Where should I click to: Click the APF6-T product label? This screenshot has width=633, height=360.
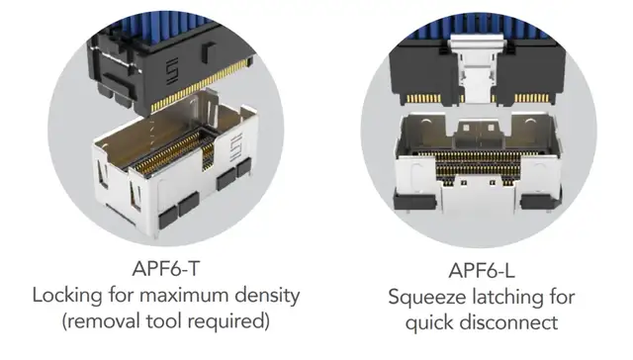click(x=166, y=268)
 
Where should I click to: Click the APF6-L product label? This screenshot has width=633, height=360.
click(x=482, y=270)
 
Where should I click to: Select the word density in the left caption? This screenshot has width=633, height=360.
click(x=267, y=295)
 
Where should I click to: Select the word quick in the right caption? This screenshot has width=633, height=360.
click(x=429, y=322)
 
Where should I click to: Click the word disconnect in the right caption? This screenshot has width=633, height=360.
click(x=508, y=322)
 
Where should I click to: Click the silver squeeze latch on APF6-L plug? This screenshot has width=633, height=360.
click(x=477, y=68)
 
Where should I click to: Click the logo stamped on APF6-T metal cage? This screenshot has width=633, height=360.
click(x=235, y=146)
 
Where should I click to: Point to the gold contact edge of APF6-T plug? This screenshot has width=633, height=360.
click(x=200, y=85)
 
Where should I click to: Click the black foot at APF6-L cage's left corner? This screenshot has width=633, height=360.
click(x=414, y=201)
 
